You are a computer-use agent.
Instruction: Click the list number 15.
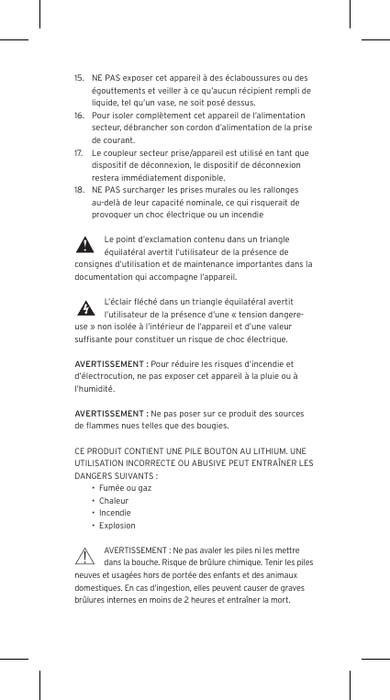[79, 77]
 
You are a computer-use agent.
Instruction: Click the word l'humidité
[95, 389]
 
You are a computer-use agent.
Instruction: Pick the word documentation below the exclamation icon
[110, 276]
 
